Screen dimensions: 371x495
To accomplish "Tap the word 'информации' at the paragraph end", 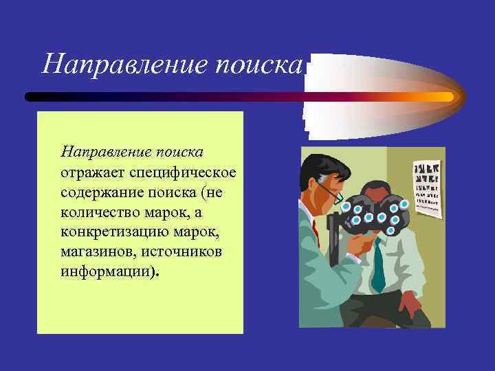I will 104,271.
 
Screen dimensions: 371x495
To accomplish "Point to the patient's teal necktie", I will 377,268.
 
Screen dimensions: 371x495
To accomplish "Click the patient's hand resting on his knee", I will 410,302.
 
